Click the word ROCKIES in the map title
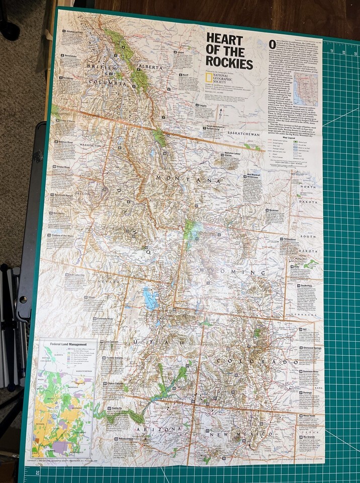pyautogui.click(x=229, y=64)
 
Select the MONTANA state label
pyautogui.click(x=188, y=179)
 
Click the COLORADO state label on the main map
pyautogui.click(x=257, y=362)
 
